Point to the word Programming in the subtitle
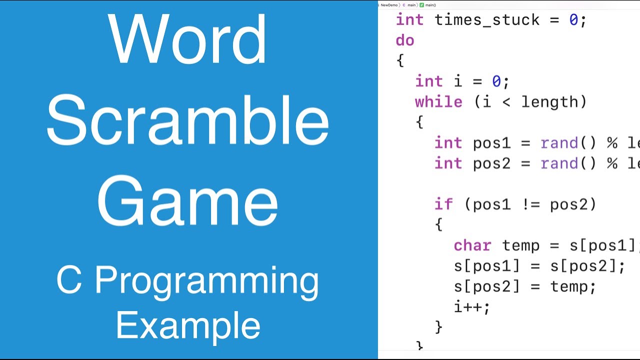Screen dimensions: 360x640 coord(206,280)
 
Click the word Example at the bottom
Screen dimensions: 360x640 coord(188,325)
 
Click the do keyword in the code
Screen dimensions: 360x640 coord(405,40)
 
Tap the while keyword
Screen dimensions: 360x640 coord(438,102)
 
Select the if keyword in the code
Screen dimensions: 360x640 coord(443,204)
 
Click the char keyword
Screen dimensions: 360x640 coord(472,245)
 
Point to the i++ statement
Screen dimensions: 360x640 coord(471,306)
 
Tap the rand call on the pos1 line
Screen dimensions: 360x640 coord(559,143)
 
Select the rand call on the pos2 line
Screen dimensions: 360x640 coord(559,163)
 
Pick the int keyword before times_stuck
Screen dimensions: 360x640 coord(409,20)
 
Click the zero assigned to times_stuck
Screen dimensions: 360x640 coord(573,20)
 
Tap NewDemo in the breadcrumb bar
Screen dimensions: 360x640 coord(389,5)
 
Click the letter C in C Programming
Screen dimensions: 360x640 coord(69,280)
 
